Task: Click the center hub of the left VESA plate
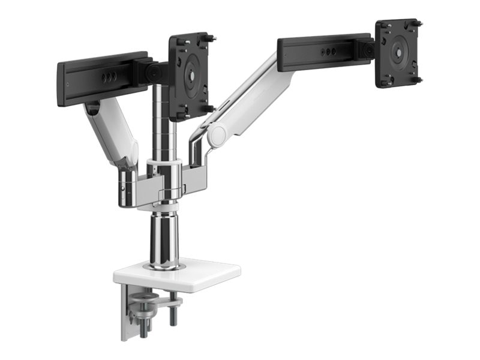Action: [x=190, y=76]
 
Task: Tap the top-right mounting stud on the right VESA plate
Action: [x=418, y=23]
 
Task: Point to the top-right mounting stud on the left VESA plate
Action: [x=212, y=39]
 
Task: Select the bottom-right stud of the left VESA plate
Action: [x=209, y=109]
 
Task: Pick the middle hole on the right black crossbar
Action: [x=326, y=52]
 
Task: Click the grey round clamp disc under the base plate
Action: [x=144, y=296]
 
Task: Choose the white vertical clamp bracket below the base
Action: [x=128, y=312]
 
